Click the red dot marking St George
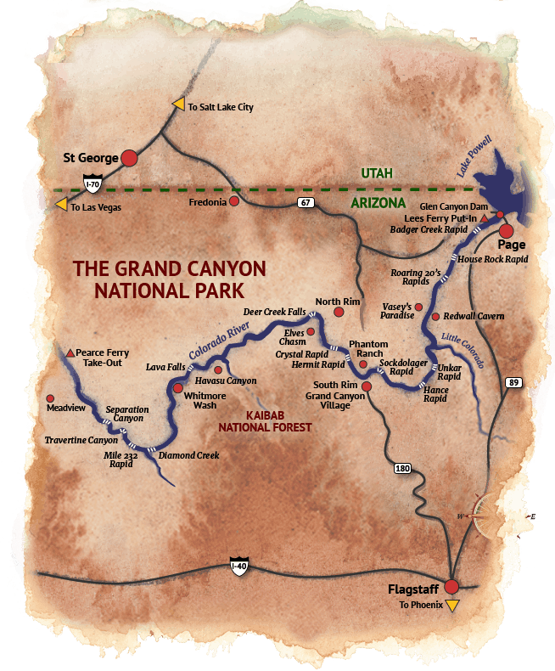point(129,157)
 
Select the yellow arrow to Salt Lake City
point(179,104)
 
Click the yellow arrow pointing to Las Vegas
point(61,205)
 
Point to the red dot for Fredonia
point(234,202)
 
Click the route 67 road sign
point(304,203)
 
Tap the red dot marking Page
point(507,230)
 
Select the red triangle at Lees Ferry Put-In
point(484,218)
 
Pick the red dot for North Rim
point(339,313)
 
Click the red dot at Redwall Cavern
point(435,316)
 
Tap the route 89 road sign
point(513,382)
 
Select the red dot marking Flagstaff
point(451,585)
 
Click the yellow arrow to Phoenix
point(452,605)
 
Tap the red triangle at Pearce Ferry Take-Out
point(70,352)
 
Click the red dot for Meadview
point(50,398)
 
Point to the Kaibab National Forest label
point(266,421)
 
